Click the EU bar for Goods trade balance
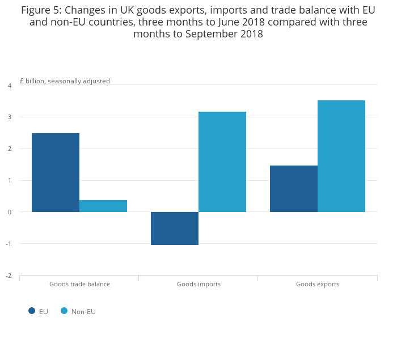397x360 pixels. point(56,172)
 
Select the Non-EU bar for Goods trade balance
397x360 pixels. point(103,206)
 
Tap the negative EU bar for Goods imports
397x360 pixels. point(175,228)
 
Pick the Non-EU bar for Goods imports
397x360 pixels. point(222,162)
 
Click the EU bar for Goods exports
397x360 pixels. point(294,189)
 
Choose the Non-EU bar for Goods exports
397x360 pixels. point(341,156)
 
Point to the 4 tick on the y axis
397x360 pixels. point(9,86)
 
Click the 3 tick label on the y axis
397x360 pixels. point(9,117)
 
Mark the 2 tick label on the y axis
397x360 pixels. point(9,149)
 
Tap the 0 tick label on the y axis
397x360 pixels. point(9,212)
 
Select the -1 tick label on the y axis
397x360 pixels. point(9,244)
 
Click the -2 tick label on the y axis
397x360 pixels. point(9,276)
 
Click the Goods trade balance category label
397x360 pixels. point(79,284)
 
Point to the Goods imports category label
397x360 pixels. point(198,284)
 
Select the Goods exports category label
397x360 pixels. point(318,284)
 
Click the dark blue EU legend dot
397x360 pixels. point(32,311)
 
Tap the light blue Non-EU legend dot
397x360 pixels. point(64,311)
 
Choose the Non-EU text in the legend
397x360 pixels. point(83,311)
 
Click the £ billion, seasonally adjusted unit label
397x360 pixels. point(65,81)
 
